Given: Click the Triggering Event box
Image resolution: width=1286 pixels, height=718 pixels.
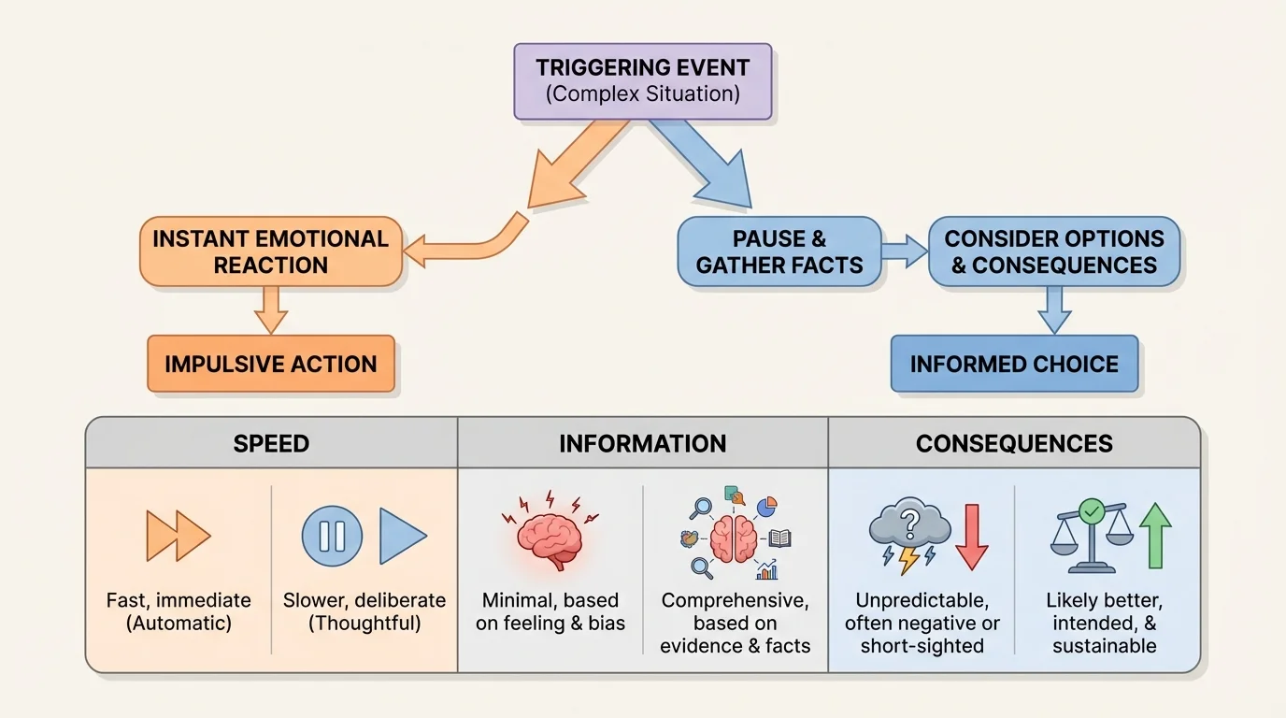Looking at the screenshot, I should pos(643,81).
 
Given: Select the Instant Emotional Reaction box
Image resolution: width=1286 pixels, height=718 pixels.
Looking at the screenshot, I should pos(271,251).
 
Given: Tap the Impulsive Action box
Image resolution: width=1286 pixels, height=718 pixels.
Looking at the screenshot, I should pos(271,364).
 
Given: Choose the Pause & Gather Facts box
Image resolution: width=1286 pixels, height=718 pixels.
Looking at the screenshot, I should pos(779,251).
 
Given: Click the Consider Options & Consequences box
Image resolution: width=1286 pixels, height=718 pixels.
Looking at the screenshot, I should pos(1054,251).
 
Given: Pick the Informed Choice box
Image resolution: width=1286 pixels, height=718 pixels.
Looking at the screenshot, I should pos(1014,364).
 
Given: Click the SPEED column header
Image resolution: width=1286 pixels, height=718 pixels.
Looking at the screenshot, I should pos(271,443).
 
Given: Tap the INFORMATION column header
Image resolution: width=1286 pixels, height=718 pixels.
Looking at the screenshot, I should pos(643,443).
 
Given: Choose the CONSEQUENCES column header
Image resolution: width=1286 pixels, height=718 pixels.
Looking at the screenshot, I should pos(1014,443).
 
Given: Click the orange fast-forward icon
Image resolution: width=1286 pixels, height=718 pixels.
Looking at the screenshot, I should pos(179,536).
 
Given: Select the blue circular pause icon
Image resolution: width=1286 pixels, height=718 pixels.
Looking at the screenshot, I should pos(332,536).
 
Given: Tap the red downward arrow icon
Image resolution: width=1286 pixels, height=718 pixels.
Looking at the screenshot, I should pos(972,537).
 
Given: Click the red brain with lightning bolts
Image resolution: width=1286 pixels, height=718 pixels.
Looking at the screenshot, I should pos(550,533).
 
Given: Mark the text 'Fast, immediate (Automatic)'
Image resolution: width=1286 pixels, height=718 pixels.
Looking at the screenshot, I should pos(179,611).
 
